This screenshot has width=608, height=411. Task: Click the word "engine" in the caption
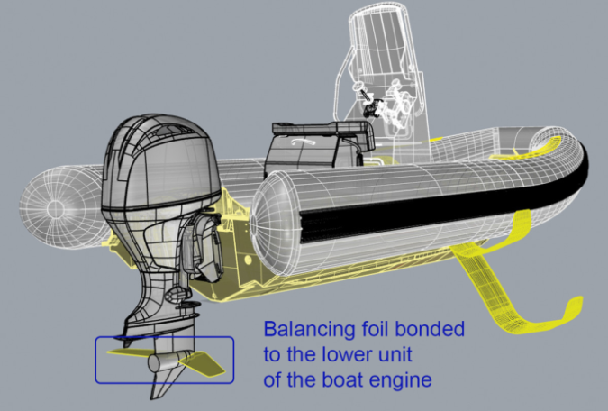pyautogui.click(x=404, y=380)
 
